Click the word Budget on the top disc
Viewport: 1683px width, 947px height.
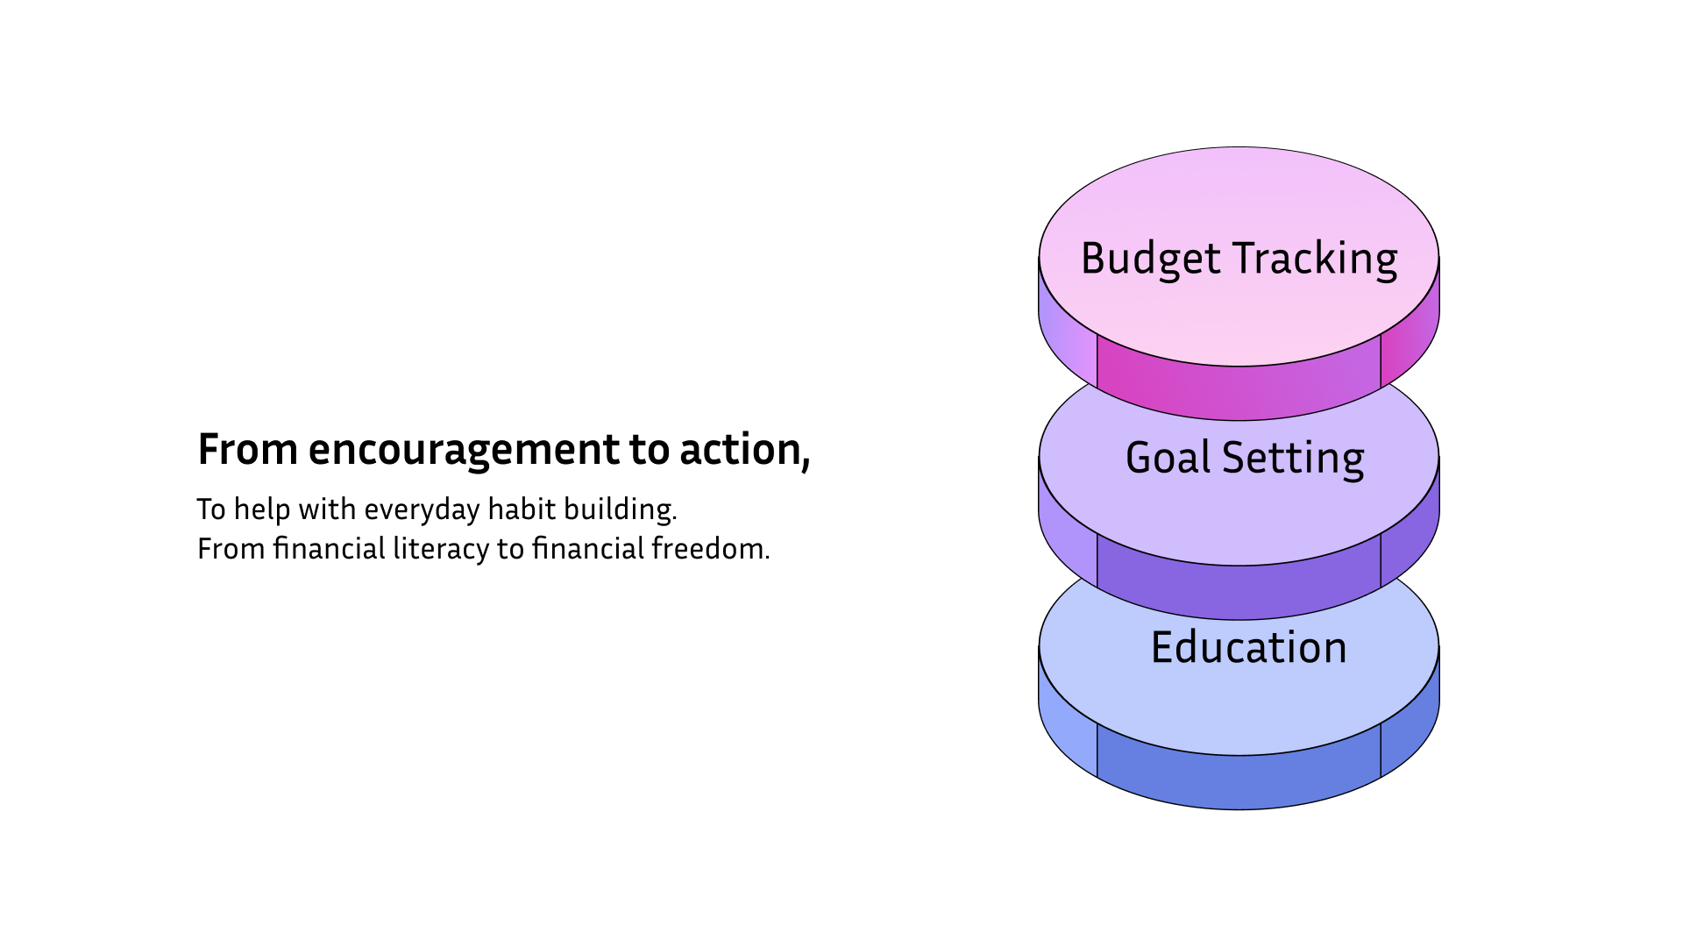click(1151, 260)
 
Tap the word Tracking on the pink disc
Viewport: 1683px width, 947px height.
click(1316, 260)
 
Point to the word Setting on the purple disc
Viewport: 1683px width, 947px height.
click(1293, 459)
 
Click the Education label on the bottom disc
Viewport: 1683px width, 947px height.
click(1248, 647)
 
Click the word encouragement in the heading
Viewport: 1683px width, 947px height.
click(464, 451)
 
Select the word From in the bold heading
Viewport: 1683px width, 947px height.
click(248, 450)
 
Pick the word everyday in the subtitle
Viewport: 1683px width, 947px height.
click(422, 510)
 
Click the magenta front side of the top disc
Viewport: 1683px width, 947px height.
click(1239, 386)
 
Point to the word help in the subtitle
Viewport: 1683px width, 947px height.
click(262, 509)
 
